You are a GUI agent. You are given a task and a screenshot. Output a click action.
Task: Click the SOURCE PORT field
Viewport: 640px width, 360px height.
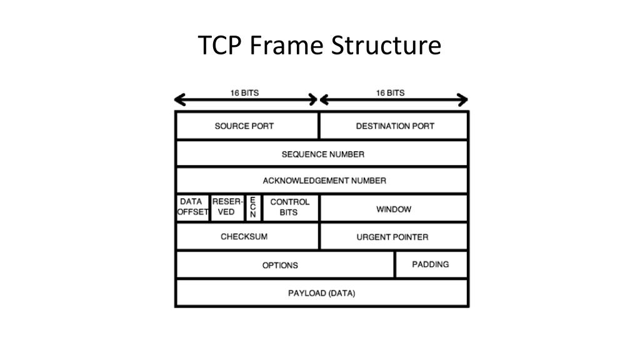[x=244, y=126]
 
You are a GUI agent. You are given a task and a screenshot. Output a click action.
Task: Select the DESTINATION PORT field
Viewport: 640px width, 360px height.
[x=395, y=126]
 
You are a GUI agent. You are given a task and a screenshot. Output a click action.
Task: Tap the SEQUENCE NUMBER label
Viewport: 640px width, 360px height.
[x=322, y=154]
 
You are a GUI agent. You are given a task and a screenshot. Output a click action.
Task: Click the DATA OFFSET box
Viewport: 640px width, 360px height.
[x=192, y=207]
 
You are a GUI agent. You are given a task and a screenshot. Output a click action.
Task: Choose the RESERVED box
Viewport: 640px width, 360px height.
[x=227, y=207]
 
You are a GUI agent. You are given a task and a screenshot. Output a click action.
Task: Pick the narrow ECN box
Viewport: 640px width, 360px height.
[x=252, y=207]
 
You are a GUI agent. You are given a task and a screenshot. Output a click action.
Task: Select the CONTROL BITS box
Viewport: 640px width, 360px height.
[x=289, y=207]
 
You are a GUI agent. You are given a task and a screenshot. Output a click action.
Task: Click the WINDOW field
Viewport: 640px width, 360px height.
[x=394, y=209]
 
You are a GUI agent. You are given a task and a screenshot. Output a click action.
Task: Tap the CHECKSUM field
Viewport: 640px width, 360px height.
[x=244, y=237]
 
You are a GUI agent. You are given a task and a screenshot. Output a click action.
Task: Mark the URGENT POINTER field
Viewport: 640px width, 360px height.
[x=392, y=237]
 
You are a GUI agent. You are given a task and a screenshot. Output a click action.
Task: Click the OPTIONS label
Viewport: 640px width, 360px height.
[x=280, y=265]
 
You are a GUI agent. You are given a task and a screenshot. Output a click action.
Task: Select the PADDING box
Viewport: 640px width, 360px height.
[x=431, y=264]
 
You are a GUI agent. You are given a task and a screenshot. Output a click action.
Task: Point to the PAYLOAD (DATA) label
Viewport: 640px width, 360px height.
[x=321, y=293]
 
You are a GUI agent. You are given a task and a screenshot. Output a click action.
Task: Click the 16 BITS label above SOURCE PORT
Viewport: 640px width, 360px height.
[x=244, y=92]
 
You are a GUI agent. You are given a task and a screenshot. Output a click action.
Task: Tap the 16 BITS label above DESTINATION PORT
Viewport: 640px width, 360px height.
[x=390, y=92]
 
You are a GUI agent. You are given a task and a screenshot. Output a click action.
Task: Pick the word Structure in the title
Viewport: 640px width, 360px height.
[x=386, y=46]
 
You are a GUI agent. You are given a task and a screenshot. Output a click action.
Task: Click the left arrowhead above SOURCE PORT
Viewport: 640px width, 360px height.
[x=180, y=100]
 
